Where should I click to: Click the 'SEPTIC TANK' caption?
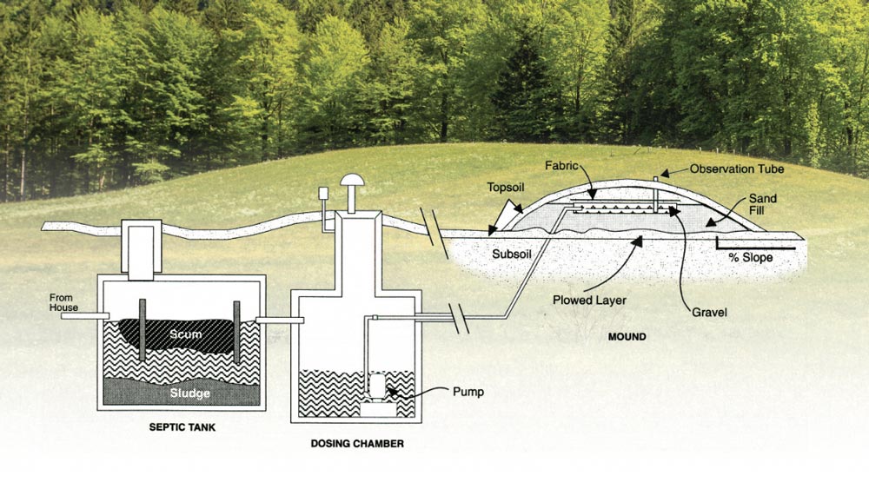tap(182, 427)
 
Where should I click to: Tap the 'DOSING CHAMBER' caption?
tap(356, 444)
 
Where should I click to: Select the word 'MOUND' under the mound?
tap(627, 336)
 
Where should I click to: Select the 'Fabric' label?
tap(561, 165)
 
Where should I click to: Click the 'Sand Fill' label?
tap(762, 204)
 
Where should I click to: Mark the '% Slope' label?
tap(750, 258)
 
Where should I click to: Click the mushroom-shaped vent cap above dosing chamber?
tap(353, 182)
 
